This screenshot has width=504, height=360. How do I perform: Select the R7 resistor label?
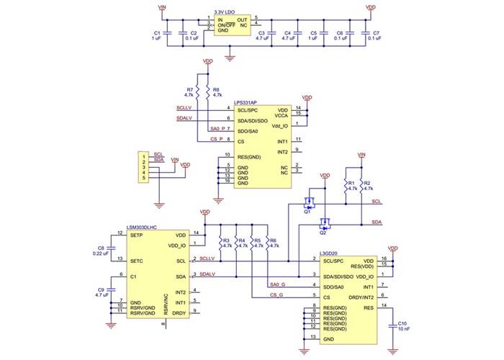(x=189, y=89)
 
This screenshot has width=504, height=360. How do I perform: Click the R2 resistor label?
(x=368, y=183)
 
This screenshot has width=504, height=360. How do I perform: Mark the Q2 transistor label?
(x=323, y=233)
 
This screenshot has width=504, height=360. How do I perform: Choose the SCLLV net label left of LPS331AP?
(x=184, y=108)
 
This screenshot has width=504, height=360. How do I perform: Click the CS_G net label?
(x=276, y=294)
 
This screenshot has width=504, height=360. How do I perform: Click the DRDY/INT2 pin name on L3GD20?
(x=356, y=297)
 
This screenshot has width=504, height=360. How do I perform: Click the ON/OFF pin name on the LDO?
(x=230, y=25)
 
